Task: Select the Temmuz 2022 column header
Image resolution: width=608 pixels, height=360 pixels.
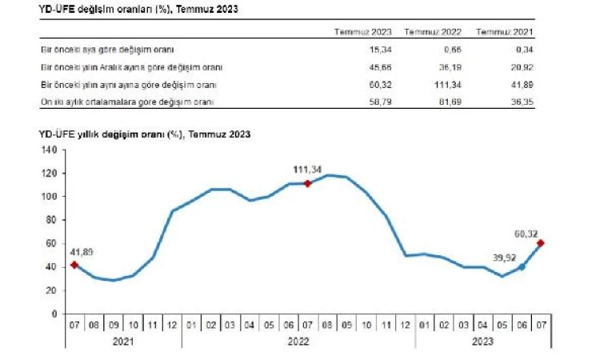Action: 432,32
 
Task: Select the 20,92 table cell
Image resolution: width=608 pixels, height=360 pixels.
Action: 520,66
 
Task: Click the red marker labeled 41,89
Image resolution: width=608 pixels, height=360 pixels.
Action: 74,265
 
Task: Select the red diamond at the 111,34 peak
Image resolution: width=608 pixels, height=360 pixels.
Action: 307,183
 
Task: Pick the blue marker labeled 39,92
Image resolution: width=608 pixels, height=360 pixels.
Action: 522,267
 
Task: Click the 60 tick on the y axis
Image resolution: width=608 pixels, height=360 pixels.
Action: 50,243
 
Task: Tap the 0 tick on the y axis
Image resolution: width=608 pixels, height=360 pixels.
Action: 53,314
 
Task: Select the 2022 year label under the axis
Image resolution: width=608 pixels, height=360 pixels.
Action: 298,342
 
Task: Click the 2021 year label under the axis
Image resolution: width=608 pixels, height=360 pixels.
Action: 123,342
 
